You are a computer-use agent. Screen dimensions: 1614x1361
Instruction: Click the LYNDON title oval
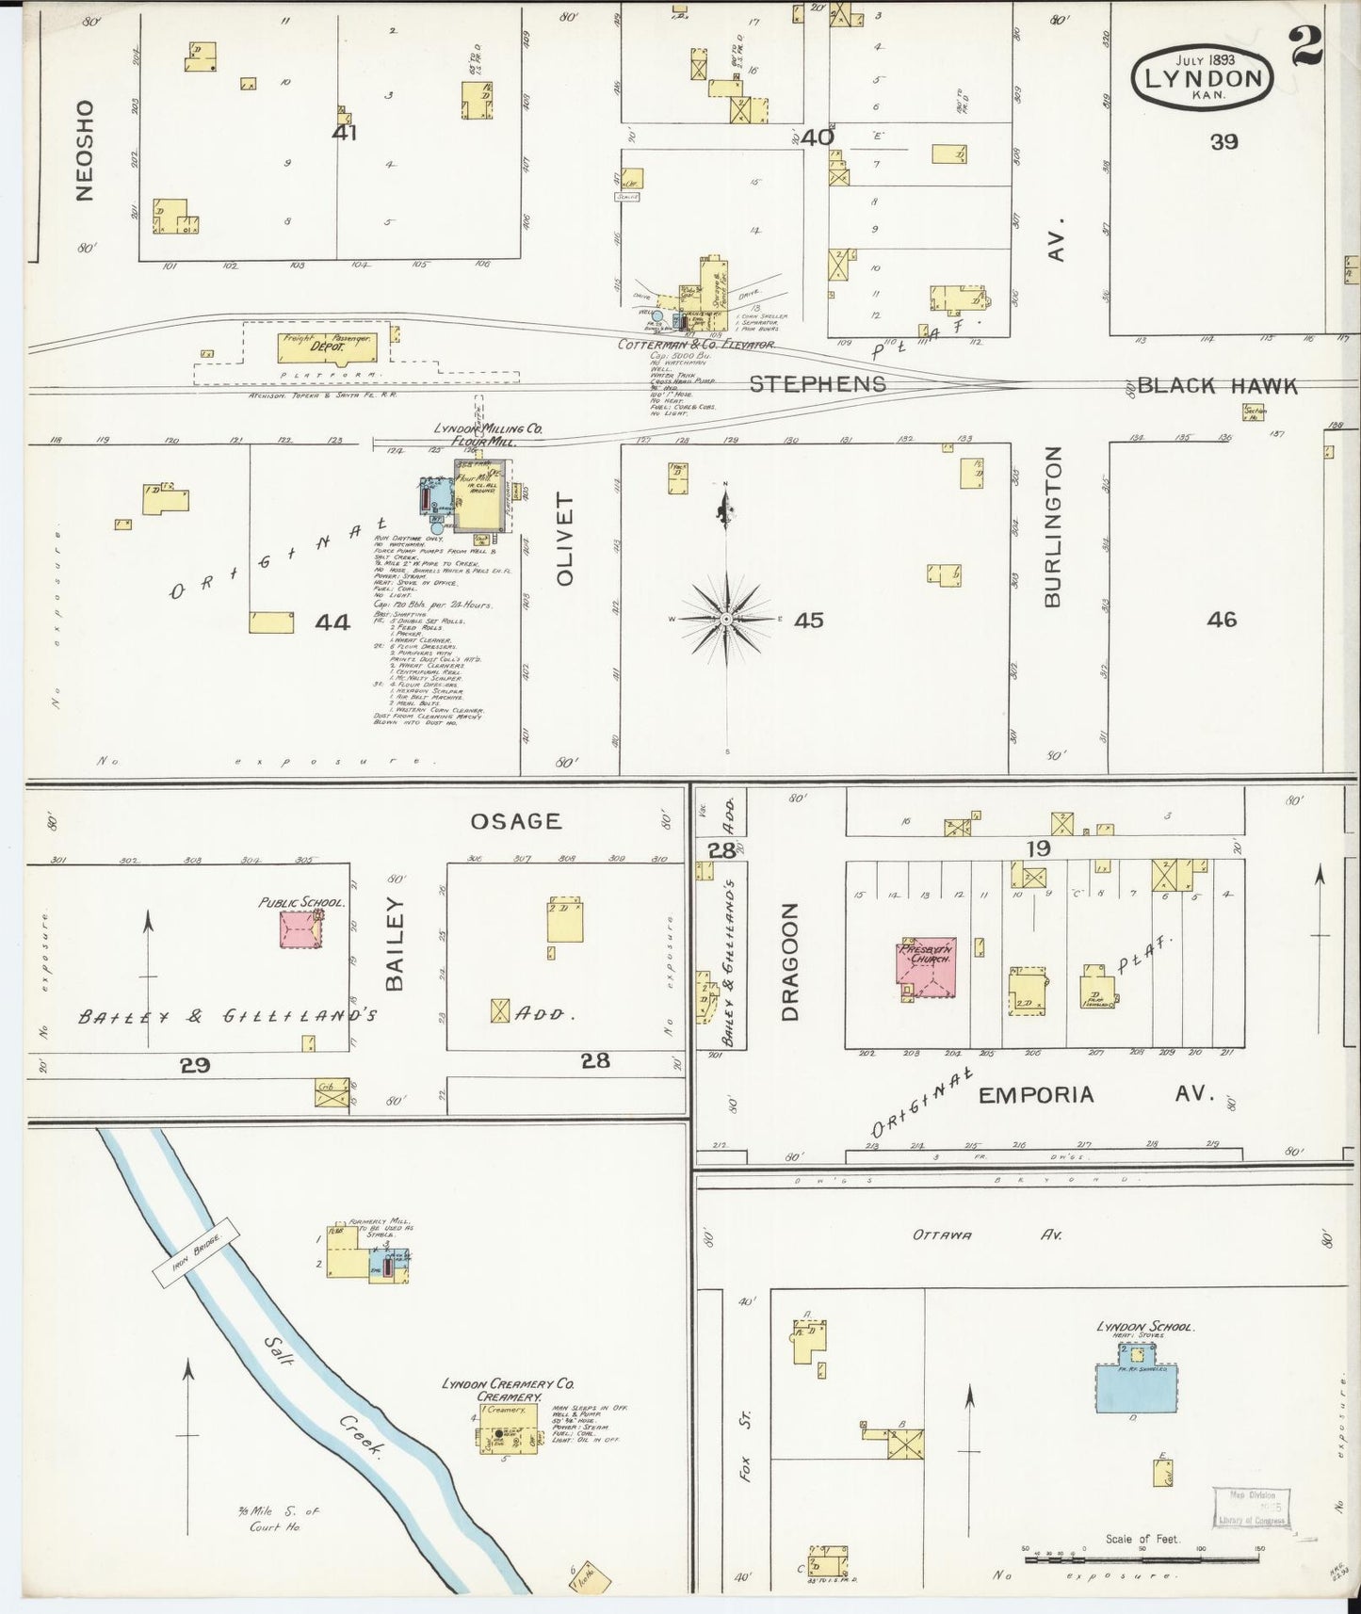pos(1203,75)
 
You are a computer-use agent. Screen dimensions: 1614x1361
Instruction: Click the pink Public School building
pos(300,928)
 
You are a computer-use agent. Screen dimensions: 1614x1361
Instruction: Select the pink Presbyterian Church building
pos(927,967)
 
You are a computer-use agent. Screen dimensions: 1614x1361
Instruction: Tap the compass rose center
pos(726,620)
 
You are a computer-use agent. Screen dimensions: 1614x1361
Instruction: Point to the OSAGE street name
pos(515,821)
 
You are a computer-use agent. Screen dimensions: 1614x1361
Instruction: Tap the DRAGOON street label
pos(789,961)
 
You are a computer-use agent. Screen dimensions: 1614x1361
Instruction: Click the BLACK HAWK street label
pos(1217,386)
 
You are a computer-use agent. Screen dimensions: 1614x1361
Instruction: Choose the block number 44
pos(332,621)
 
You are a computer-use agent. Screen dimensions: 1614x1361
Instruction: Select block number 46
pos(1221,620)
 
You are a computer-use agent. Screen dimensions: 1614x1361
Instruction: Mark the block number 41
pos(345,134)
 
